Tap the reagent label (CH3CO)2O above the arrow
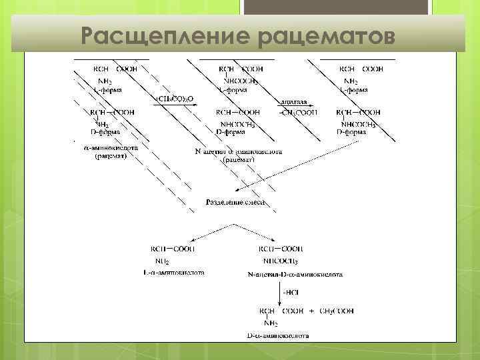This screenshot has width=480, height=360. tap(175, 99)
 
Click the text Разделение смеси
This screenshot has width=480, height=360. tap(235, 201)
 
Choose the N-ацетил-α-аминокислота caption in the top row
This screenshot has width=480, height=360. tap(239, 151)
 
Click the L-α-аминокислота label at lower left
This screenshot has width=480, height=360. tap(173, 272)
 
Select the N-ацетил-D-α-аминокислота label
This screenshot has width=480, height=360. tap(294, 273)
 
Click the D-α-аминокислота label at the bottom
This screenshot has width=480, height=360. tap(279, 336)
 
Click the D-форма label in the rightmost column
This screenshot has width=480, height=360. tap(351, 133)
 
